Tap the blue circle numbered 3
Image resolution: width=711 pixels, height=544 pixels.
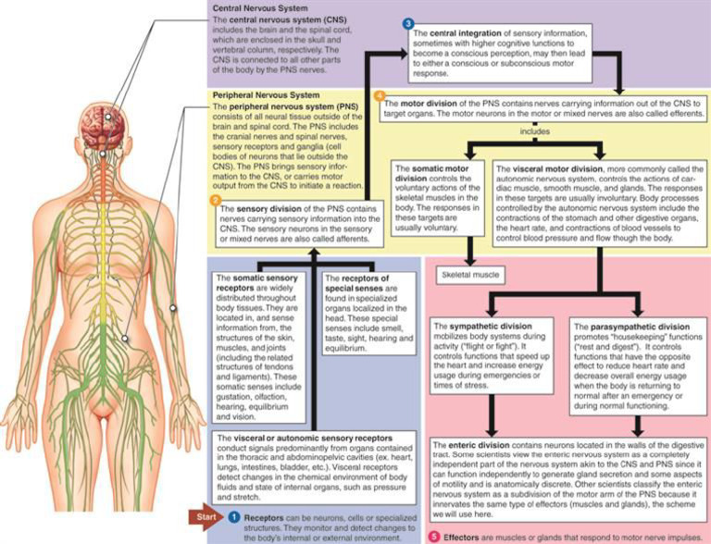(x=407, y=21)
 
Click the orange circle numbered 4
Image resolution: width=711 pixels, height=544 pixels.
(x=378, y=95)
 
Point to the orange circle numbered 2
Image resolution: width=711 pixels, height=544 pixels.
(x=215, y=200)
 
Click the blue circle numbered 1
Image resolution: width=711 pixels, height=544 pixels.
(x=233, y=514)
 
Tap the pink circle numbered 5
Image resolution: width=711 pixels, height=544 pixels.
(x=433, y=536)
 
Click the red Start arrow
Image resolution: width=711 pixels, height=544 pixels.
(x=204, y=514)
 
